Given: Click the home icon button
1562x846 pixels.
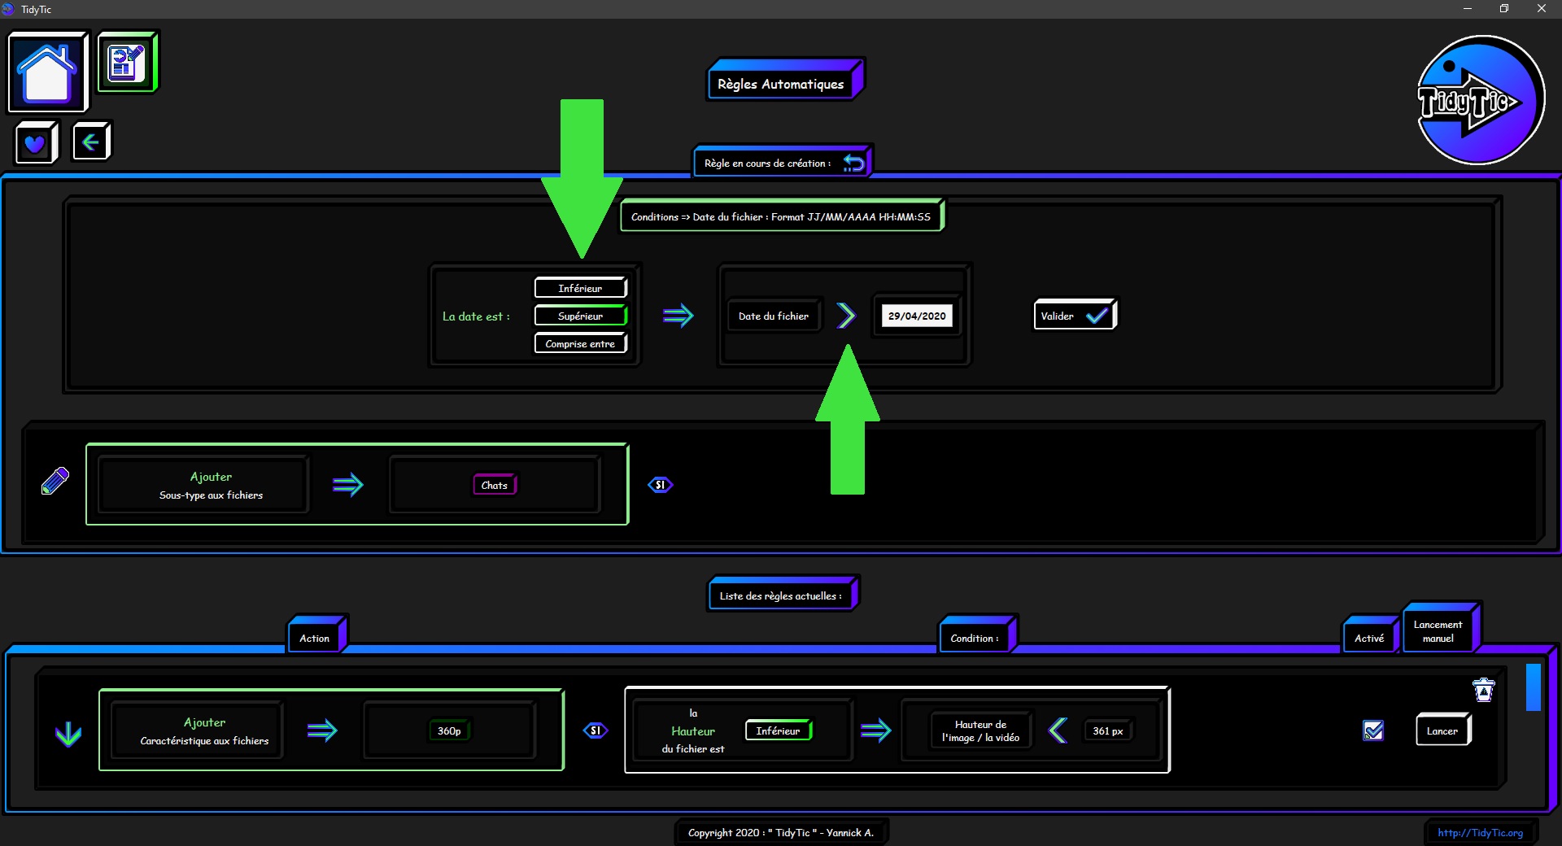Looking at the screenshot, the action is pos(47,72).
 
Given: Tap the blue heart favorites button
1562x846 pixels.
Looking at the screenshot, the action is pos(36,143).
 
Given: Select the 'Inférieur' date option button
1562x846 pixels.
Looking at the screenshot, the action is pos(580,288).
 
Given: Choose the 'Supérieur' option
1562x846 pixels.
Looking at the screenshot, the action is pos(580,316).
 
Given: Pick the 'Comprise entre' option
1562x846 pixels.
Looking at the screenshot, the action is pos(580,343).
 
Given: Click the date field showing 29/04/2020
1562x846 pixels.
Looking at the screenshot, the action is pos(917,316).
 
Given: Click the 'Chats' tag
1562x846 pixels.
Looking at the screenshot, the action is pos(495,485).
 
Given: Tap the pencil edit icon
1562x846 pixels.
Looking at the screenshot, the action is pos(55,481).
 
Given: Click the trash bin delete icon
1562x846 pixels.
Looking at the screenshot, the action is pos(1484,690).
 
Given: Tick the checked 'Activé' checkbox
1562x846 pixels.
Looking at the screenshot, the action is pos(1373,730).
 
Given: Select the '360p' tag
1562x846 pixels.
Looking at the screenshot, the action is pos(449,730).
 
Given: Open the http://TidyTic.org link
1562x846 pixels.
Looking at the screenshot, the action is pos(1480,832).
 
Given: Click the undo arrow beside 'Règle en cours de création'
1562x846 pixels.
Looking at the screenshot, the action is pos(853,163).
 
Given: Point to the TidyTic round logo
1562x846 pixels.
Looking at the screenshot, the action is pos(1480,100).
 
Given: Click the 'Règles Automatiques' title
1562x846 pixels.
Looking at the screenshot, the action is pos(781,84).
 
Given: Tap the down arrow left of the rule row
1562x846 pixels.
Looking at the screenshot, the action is pos(68,734).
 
